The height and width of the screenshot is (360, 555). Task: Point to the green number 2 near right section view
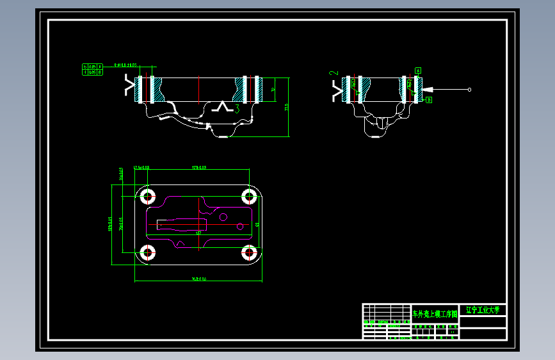(333, 74)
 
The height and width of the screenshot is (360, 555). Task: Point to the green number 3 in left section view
(237, 109)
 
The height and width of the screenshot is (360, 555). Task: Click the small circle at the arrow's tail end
(470, 89)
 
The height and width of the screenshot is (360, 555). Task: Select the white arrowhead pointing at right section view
(427, 89)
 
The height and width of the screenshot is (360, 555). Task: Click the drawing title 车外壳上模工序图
(435, 315)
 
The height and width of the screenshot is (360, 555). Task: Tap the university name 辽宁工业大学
(483, 310)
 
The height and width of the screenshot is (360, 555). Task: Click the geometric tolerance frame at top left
(93, 69)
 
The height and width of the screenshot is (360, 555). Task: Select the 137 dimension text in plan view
(198, 233)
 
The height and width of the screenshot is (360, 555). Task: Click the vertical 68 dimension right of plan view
(257, 224)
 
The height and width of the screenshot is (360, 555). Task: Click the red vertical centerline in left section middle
(200, 90)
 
